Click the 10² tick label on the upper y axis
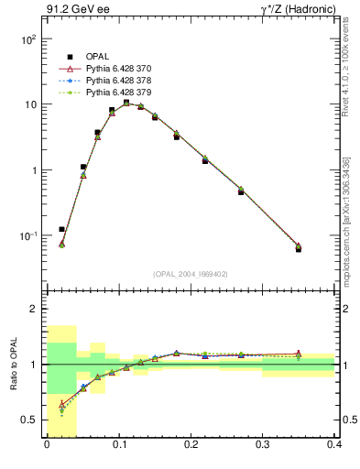pos(28,39)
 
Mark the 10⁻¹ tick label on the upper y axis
pos(28,235)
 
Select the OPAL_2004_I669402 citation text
pos(191,273)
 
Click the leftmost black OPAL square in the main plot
pos(61,229)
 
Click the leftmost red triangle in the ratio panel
pos(61,404)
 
